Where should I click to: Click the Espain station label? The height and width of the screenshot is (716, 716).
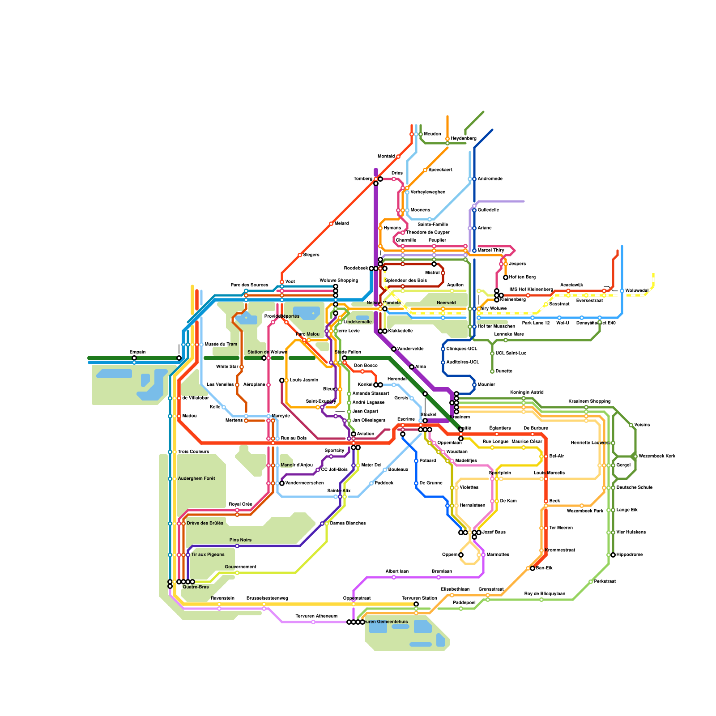(137, 352)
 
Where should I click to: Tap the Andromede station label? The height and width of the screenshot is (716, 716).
(490, 179)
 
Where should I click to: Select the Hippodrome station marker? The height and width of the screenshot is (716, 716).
(613, 555)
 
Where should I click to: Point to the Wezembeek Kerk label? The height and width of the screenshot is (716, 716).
(657, 456)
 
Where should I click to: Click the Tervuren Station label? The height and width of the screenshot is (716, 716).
(419, 598)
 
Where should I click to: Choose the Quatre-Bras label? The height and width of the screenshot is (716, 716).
(196, 587)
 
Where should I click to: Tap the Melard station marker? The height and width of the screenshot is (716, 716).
(331, 224)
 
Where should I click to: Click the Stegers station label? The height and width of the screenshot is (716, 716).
(311, 255)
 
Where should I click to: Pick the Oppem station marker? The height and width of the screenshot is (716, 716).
(461, 555)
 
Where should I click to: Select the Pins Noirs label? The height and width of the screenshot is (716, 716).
(240, 540)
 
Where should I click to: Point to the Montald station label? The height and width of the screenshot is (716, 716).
(386, 157)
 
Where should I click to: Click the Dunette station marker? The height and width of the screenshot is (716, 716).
(492, 371)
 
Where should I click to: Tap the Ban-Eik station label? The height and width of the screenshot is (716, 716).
(544, 568)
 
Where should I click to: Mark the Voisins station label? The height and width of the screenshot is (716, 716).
(642, 425)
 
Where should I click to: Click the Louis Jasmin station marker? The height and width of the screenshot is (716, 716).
(282, 380)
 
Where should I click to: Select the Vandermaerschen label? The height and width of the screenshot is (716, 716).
(304, 483)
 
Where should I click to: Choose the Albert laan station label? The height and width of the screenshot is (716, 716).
(397, 571)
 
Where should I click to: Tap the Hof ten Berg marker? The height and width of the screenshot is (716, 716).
(506, 277)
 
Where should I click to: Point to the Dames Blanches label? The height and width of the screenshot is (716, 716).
(348, 524)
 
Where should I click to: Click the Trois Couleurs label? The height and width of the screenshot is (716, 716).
(193, 452)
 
